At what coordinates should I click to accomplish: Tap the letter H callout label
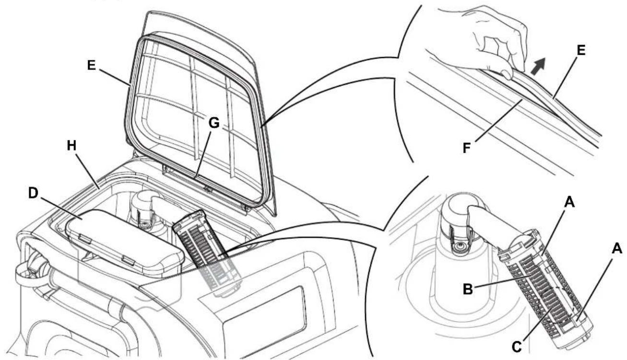(x=72, y=146)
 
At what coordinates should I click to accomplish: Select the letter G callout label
(x=214, y=123)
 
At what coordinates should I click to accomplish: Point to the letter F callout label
(x=467, y=148)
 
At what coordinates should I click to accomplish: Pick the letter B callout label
(x=468, y=289)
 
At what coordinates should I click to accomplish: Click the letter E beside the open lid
(x=92, y=65)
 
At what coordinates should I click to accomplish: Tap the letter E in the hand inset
(x=581, y=50)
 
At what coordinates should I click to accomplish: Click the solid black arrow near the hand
(x=539, y=66)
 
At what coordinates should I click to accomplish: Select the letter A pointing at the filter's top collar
(x=569, y=202)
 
